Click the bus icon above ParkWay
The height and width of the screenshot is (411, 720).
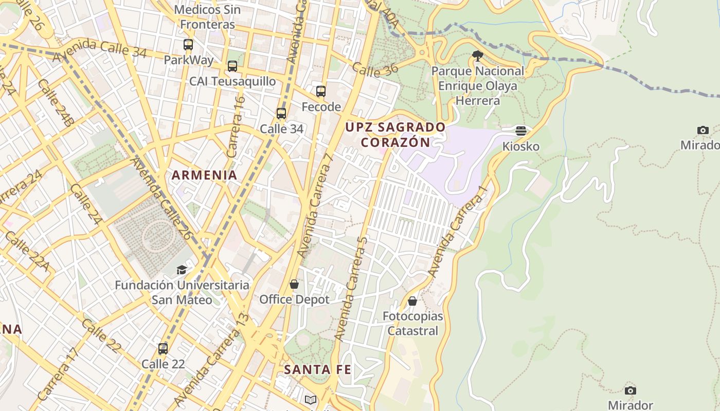188,45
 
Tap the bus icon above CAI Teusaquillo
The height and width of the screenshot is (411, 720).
232,66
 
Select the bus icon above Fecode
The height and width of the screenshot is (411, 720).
321,91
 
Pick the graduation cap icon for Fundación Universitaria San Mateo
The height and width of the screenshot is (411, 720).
182,270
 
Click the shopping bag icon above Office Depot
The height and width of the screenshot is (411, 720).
294,284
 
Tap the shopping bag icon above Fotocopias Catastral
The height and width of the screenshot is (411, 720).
412,301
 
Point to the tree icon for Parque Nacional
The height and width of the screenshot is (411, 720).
477,55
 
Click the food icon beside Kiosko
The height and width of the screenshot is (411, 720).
521,131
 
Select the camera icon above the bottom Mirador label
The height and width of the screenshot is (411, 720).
630,390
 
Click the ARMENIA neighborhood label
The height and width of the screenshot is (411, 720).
205,175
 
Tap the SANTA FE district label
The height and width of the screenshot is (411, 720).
317,369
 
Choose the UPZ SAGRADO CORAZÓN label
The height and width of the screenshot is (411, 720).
395,135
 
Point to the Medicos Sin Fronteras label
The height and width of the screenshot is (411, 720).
207,17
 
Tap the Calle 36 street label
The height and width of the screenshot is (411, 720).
375,70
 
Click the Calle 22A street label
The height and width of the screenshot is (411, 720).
27,251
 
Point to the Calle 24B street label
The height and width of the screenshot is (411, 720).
56,103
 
